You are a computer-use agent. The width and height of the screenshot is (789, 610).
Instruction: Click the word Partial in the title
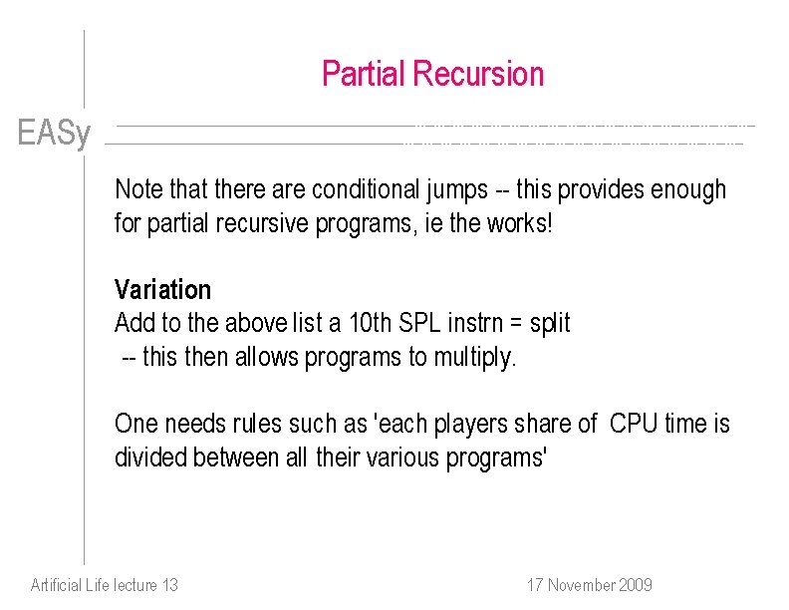pyautogui.click(x=363, y=74)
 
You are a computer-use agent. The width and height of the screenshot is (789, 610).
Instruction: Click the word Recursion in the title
pyautogui.click(x=477, y=74)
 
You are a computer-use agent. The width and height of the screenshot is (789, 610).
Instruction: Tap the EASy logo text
pyautogui.click(x=54, y=133)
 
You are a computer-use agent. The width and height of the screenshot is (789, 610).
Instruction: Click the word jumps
pyautogui.click(x=454, y=189)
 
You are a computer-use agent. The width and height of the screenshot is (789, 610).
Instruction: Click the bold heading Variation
pyautogui.click(x=162, y=290)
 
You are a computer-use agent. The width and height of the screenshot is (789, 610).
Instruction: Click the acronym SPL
pyautogui.click(x=419, y=324)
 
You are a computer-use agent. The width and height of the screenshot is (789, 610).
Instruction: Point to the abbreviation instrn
pyautogui.click(x=479, y=324)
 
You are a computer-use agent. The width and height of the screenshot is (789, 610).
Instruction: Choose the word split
pyautogui.click(x=550, y=324)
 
